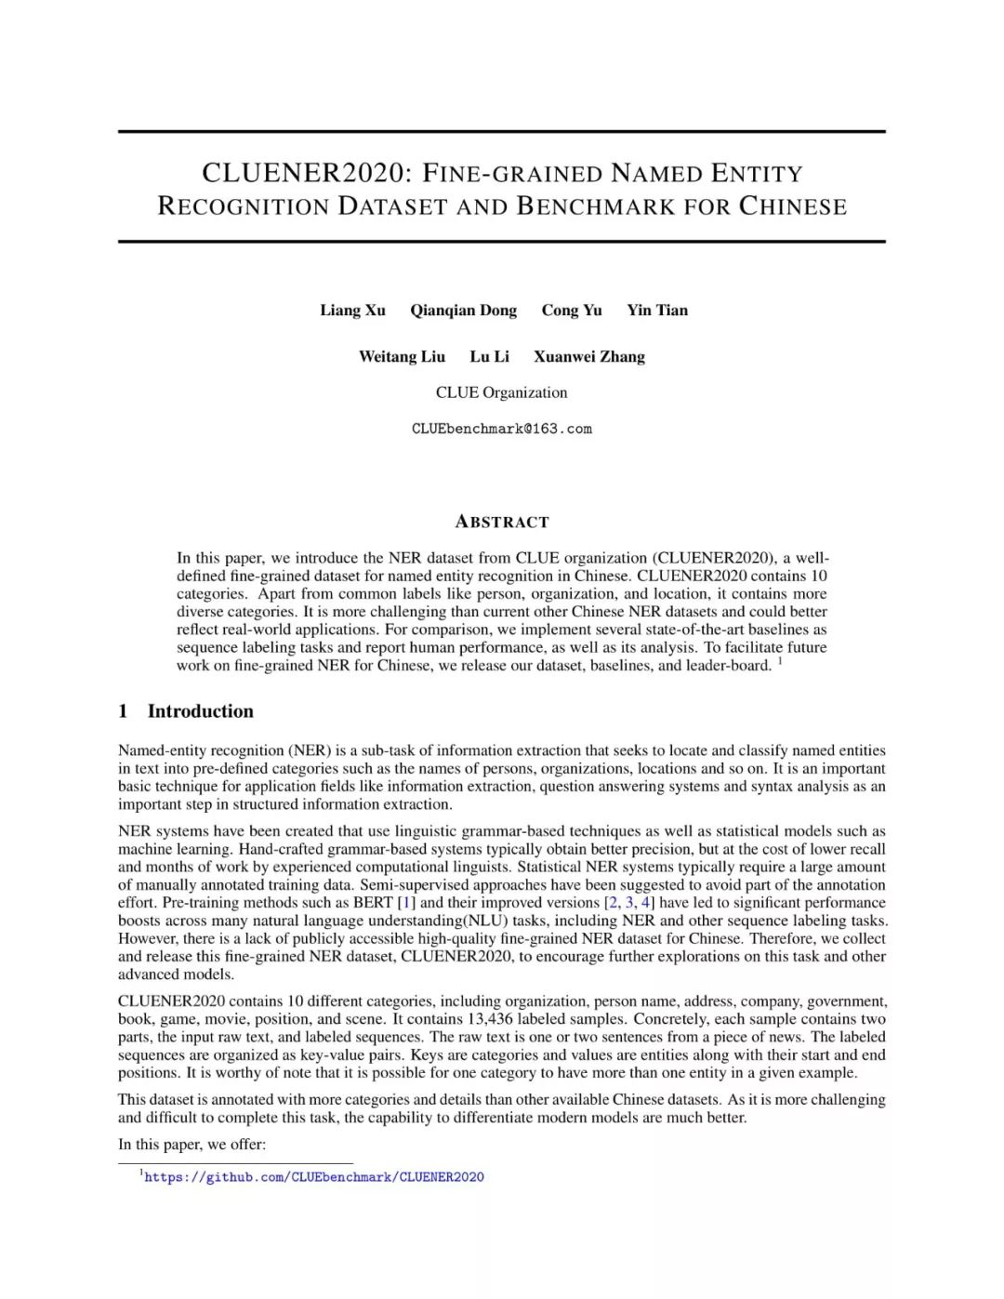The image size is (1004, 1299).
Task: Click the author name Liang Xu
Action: click(352, 311)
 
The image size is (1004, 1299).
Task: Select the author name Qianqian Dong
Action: click(463, 311)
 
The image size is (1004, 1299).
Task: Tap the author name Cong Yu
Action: click(572, 311)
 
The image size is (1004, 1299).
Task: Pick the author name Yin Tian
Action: click(657, 311)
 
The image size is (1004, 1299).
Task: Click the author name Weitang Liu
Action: click(402, 356)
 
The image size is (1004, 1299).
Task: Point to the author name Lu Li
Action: click(489, 356)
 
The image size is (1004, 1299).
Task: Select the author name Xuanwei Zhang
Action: click(588, 356)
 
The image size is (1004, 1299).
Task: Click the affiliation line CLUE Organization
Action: click(501, 392)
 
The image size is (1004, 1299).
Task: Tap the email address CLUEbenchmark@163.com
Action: click(501, 429)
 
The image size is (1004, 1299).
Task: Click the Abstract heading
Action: click(502, 522)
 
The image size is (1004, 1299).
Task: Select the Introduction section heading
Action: click(200, 711)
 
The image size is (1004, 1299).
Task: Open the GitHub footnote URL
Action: click(314, 1177)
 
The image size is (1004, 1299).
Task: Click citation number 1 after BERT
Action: click(406, 903)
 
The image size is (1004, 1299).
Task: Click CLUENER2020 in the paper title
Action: click(306, 174)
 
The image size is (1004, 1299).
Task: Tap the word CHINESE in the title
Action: click(793, 206)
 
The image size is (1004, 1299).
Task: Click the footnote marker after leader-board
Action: click(779, 661)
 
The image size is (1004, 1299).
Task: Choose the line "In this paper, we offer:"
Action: click(192, 1145)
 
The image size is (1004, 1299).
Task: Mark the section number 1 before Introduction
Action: click(123, 711)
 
